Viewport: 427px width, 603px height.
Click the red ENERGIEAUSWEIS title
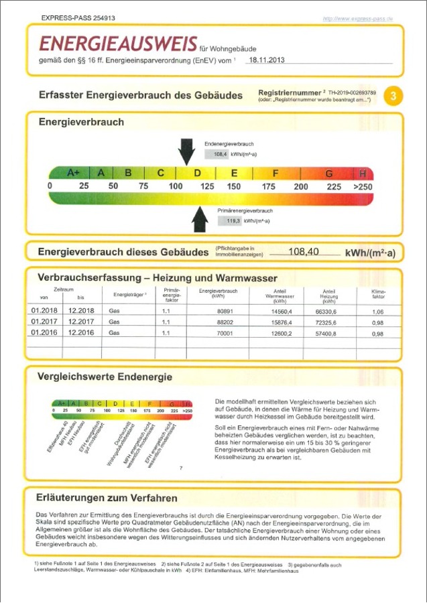coord(118,44)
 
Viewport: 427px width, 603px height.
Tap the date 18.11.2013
coord(266,60)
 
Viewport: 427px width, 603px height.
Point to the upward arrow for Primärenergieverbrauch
coord(200,219)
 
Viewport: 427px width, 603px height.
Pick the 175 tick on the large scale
coord(268,186)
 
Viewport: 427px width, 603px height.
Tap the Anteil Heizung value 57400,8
coord(329,333)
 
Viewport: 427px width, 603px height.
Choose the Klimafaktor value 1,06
coord(377,311)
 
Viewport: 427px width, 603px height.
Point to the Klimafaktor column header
coord(378,294)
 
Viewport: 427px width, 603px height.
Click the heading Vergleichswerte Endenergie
coord(105,377)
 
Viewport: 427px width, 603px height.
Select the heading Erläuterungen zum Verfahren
coord(108,498)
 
